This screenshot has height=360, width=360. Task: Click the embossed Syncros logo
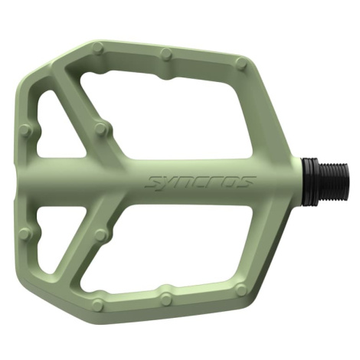[201, 182]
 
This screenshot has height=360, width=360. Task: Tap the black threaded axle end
[332, 182]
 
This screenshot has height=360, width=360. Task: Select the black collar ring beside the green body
[309, 182]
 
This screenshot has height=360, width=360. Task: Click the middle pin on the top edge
[167, 53]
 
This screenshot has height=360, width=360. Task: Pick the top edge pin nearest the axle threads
[241, 62]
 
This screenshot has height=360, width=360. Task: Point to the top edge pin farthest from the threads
[98, 47]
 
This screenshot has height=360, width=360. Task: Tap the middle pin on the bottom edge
[167, 296]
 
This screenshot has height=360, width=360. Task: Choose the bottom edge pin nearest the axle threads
[241, 289]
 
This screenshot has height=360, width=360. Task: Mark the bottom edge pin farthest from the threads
[98, 304]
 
